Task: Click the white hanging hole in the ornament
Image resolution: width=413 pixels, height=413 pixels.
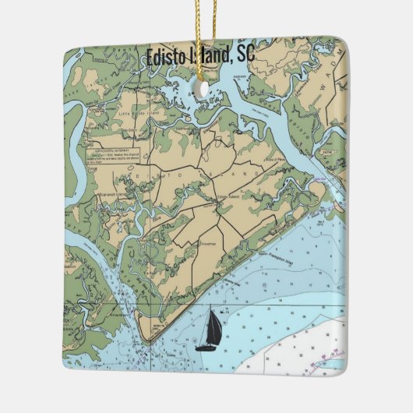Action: click(206, 89)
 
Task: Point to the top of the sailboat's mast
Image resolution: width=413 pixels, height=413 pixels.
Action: click(213, 311)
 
